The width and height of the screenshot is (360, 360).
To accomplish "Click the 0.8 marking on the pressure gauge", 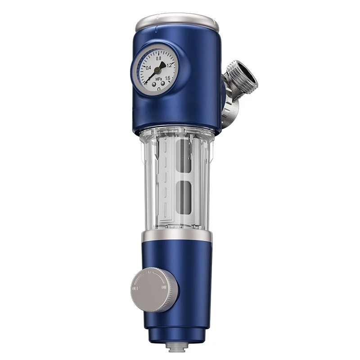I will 158,58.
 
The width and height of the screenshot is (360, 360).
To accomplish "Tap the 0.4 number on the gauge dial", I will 148,67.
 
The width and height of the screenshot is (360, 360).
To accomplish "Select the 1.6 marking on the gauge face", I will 167,78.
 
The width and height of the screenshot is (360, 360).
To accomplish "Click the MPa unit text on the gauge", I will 158,79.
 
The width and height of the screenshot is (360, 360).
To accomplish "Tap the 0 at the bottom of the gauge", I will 159,88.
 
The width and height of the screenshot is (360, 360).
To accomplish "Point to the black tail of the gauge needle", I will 162,65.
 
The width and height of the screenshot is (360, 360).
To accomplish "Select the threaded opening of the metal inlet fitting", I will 243,73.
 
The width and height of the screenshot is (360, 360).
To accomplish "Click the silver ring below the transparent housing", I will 176,236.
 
